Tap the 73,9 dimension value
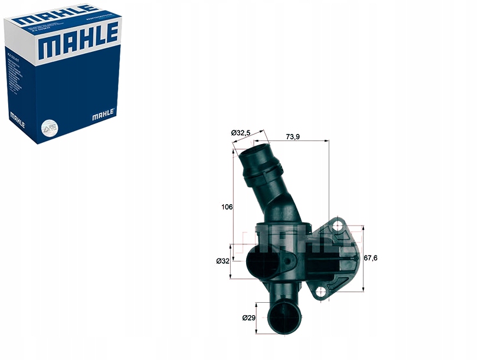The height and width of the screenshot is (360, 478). click(x=293, y=136)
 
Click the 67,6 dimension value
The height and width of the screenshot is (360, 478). click(x=371, y=258)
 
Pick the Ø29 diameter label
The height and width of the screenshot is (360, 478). click(x=248, y=318)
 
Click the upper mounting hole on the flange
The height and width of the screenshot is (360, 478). click(x=338, y=225)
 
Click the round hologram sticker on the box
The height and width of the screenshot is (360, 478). click(x=48, y=127)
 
